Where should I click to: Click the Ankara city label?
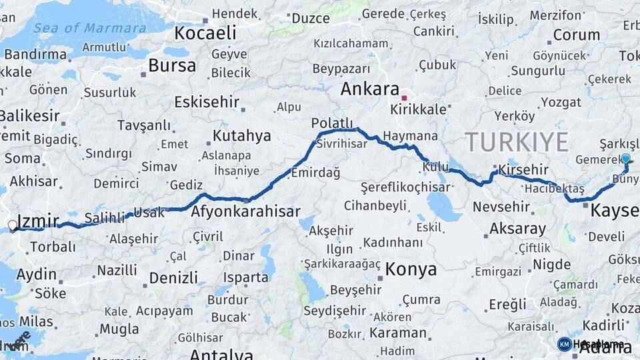click(x=369, y=89)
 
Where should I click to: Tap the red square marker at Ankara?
click(x=404, y=98)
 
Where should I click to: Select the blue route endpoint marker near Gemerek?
click(x=625, y=159)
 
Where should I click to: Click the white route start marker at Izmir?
click(x=12, y=225)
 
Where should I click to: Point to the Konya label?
click(x=411, y=269)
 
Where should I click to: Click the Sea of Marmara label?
click(x=89, y=28)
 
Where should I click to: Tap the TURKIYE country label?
click(x=517, y=141)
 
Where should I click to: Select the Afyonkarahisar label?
click(x=246, y=213)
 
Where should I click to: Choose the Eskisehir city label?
click(x=206, y=102)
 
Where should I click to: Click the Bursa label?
click(x=172, y=65)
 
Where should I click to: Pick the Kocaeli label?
click(x=205, y=33)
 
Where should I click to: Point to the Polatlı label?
click(x=331, y=123)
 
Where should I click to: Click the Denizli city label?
click(x=173, y=277)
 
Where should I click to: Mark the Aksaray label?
click(x=517, y=229)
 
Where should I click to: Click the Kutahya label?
click(x=242, y=136)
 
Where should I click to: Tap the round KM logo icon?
click(x=564, y=343)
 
